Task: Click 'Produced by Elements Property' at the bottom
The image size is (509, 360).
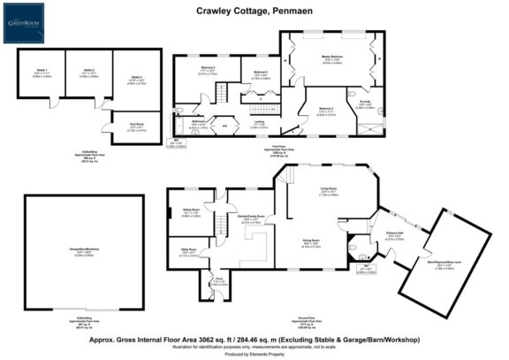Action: [254, 352]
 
